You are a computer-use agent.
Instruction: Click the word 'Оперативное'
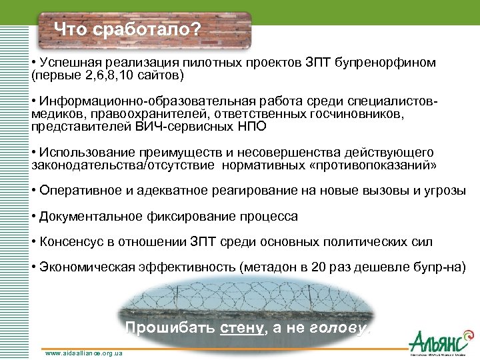(76, 190)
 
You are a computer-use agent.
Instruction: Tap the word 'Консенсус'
(69, 241)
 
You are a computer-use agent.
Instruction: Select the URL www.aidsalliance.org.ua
(84, 353)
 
